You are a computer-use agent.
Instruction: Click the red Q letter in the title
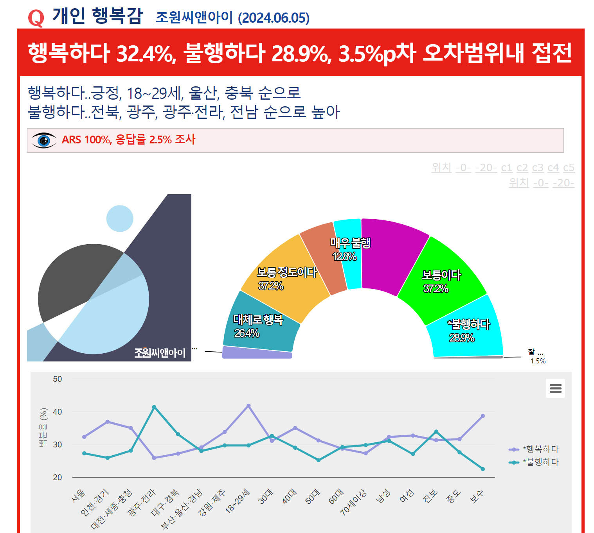pyautogui.click(x=36, y=18)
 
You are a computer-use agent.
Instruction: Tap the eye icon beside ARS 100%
pyautogui.click(x=44, y=140)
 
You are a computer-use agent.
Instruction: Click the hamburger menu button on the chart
pyautogui.click(x=555, y=388)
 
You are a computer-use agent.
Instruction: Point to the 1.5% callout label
pyautogui.click(x=538, y=361)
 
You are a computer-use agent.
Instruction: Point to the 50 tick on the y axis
pyautogui.click(x=57, y=379)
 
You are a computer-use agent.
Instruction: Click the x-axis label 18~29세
pyautogui.click(x=238, y=501)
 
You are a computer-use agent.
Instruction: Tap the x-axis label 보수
pyautogui.click(x=477, y=497)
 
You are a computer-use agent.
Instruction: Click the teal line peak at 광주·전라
pyautogui.click(x=154, y=407)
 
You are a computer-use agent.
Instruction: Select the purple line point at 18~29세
pyautogui.click(x=248, y=406)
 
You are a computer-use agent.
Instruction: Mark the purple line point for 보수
pyautogui.click(x=482, y=416)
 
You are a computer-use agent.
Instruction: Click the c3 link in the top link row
pyautogui.click(x=538, y=168)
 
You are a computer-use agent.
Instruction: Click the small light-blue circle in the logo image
pyautogui.click(x=120, y=218)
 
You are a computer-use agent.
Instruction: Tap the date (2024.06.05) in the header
pyautogui.click(x=274, y=18)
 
